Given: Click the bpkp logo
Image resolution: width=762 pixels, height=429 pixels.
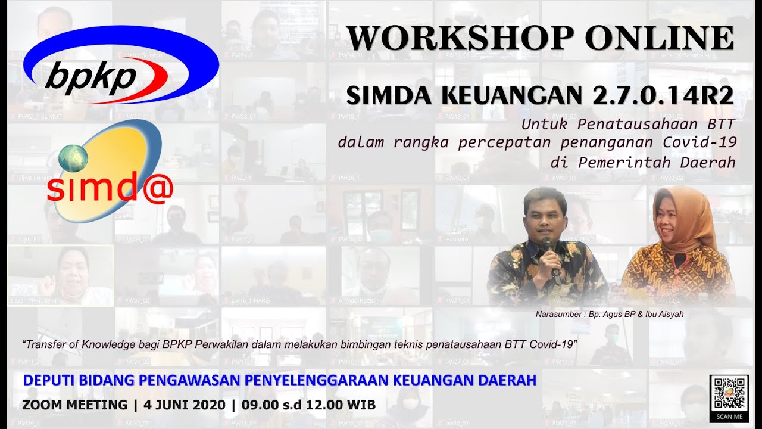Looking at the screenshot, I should [x=121, y=66].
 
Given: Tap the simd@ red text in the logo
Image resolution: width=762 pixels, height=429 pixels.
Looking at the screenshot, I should [x=110, y=189].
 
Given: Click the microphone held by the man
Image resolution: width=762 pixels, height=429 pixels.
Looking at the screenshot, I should [x=547, y=244].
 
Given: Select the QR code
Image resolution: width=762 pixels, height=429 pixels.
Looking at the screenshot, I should [x=729, y=392].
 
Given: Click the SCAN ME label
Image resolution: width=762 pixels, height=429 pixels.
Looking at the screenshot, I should [x=729, y=416].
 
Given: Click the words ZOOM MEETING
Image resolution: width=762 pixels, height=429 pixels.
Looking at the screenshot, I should [x=74, y=405].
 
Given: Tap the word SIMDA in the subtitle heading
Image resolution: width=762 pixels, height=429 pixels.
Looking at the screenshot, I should [x=386, y=95].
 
